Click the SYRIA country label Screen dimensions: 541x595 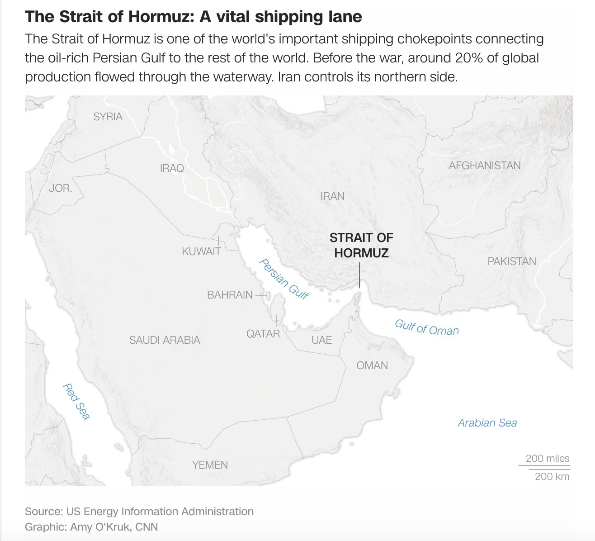coord(108,117)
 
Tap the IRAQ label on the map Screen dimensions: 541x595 coord(172,168)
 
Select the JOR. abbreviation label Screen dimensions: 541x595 coord(60,188)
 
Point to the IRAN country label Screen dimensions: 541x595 coord(332,196)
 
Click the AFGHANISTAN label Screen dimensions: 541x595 coord(485,166)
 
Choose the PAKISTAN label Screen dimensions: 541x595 coord(512,261)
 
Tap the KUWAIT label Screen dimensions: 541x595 coord(201,252)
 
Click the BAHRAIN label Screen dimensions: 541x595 coord(230,295)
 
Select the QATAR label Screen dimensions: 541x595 coord(263,334)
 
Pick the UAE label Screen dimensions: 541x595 coord(322,340)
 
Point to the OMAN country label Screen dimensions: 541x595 coord(372,365)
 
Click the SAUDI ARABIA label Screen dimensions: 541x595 coord(165,340)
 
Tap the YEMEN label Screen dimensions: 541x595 coord(210,465)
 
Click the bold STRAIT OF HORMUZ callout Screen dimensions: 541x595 coord(361,245)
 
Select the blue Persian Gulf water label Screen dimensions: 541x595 coord(284,279)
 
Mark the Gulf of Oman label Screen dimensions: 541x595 coord(427,327)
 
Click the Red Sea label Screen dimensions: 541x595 coord(76,401)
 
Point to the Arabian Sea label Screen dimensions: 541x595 coord(487,423)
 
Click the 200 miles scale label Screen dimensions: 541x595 coord(548,458)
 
